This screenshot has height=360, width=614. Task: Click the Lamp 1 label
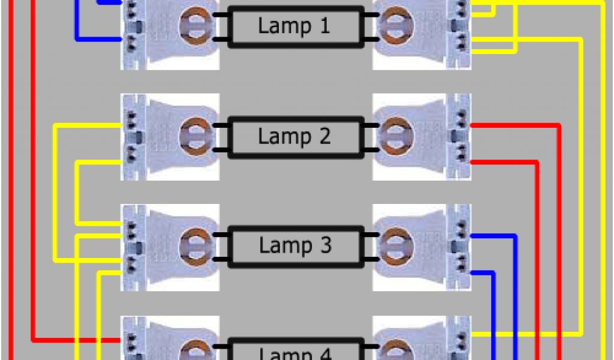pyautogui.click(x=294, y=26)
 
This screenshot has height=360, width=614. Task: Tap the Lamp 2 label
pyautogui.click(x=294, y=137)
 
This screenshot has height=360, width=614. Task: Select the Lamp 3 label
pyautogui.click(x=294, y=246)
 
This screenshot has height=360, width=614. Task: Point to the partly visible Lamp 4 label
pyautogui.click(x=294, y=353)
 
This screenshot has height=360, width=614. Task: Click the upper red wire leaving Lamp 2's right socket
pyautogui.click(x=516, y=125)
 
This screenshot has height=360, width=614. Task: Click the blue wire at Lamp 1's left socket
pyautogui.click(x=77, y=24)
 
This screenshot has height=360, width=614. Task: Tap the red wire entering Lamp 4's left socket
pyautogui.click(x=78, y=340)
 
